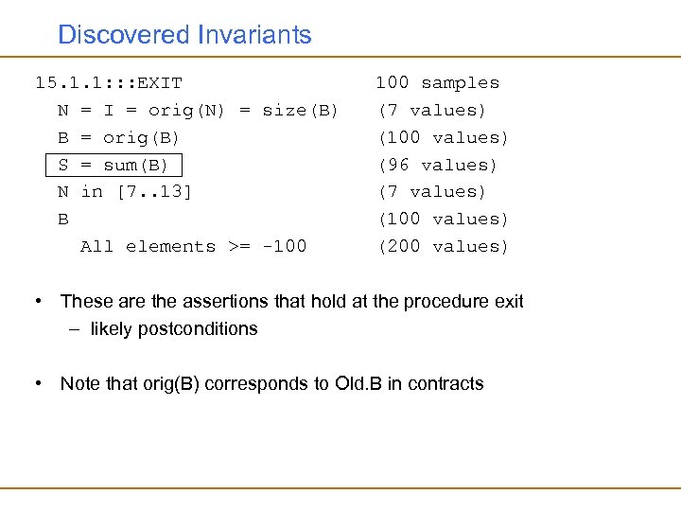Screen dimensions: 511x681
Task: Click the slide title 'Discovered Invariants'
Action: click(184, 35)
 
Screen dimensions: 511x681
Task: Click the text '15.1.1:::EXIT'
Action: click(109, 83)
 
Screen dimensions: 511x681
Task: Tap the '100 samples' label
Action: click(437, 83)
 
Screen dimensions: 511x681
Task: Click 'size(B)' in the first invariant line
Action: click(300, 111)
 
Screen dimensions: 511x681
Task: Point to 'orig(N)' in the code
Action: click(186, 111)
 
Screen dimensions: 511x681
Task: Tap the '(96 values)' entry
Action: click(437, 165)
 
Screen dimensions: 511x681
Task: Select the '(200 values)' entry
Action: click(443, 247)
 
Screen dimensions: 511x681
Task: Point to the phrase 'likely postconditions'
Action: click(174, 329)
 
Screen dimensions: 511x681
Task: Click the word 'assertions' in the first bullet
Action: click(215, 302)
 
